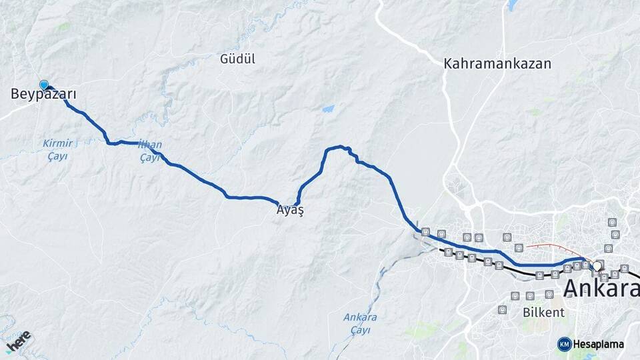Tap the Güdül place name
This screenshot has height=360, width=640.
click(237, 59)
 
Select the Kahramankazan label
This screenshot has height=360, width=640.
click(498, 64)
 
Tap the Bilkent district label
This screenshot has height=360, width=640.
click(543, 312)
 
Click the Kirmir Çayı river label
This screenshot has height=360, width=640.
click(57, 149)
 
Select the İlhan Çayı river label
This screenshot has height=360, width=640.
click(149, 151)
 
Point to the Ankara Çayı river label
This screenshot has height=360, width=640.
click(360, 323)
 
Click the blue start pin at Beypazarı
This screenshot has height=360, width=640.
click(44, 85)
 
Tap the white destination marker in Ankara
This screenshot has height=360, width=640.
click(597, 266)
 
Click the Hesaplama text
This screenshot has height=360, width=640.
click(599, 344)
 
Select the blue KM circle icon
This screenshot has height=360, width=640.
click(564, 344)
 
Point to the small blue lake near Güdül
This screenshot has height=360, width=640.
click(328, 109)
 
